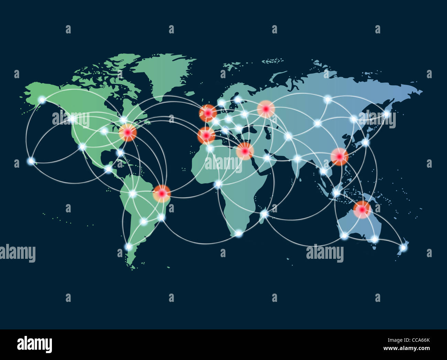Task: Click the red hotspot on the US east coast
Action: [x=128, y=133]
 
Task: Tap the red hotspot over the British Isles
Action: [x=208, y=113]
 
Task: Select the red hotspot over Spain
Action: [x=206, y=136]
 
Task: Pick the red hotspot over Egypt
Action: [x=244, y=151]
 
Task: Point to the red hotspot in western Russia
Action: [x=266, y=109]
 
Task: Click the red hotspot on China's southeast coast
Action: [x=339, y=157]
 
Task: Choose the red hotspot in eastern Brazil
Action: [x=162, y=193]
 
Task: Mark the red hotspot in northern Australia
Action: [x=362, y=209]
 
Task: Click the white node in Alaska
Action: [x=42, y=100]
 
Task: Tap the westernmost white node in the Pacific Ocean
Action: [x=31, y=161]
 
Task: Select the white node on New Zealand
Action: [x=403, y=247]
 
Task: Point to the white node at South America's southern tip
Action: [x=129, y=246]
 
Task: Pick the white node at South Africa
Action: [x=239, y=233]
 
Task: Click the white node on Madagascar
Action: [x=264, y=214]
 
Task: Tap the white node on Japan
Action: [x=365, y=142]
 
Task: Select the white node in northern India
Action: [x=297, y=159]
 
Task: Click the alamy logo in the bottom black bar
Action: [x=34, y=344]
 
